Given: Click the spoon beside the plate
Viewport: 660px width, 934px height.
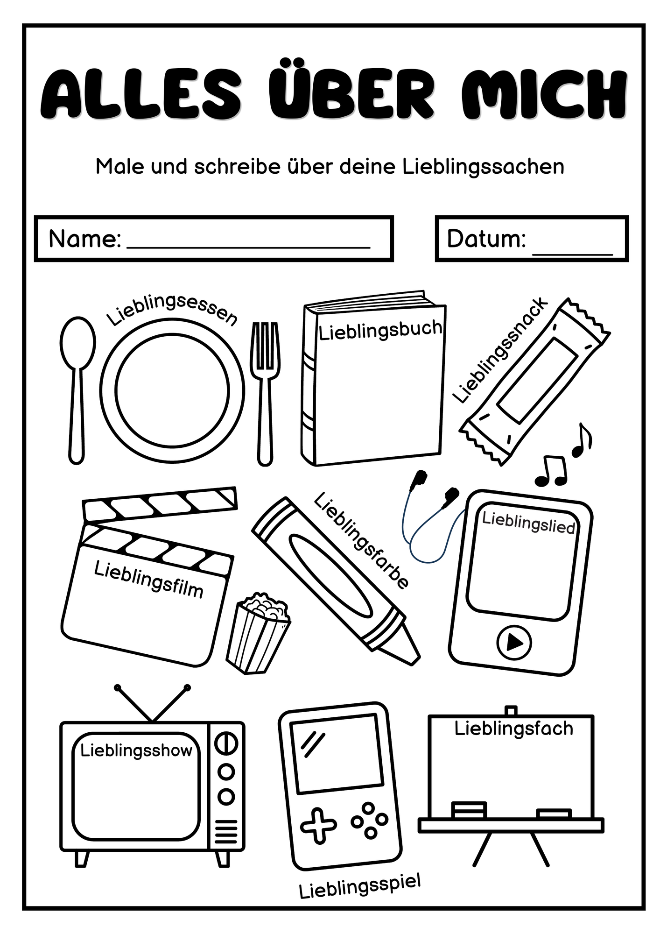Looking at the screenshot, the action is [77, 390].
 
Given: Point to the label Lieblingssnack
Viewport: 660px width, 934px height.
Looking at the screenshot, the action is [500, 350].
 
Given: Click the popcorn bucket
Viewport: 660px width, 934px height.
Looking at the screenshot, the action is [258, 633].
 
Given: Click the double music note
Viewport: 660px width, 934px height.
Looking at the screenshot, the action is [551, 471].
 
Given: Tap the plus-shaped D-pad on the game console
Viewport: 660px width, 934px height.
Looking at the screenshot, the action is [318, 827].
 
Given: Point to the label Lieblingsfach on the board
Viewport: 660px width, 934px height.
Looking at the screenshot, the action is [513, 729].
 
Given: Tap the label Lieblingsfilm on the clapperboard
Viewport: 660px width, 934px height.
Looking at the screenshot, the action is [149, 579].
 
